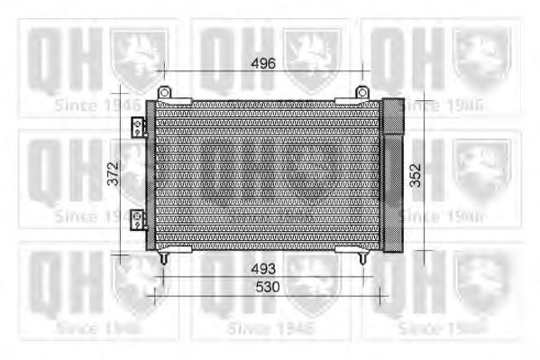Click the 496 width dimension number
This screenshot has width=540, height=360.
pyautogui.click(x=262, y=62)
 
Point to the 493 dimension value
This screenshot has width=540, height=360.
pyautogui.click(x=262, y=269)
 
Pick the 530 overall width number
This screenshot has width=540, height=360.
pyautogui.click(x=262, y=286)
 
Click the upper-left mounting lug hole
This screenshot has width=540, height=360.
pyautogui.click(x=163, y=90)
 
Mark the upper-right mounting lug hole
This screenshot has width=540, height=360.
pyautogui.click(x=362, y=90)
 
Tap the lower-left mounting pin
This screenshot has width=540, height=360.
pyautogui.click(x=163, y=257)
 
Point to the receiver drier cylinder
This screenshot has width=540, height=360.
pyautogui.click(x=393, y=174)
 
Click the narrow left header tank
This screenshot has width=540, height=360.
pyautogui.click(x=151, y=174)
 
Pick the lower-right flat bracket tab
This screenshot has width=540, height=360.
pyautogui.click(x=352, y=248)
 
